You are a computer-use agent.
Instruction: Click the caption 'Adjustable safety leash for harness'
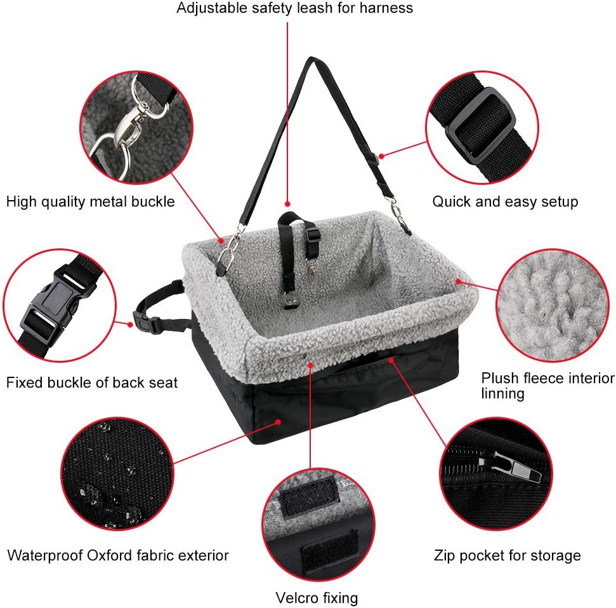(x=294, y=8)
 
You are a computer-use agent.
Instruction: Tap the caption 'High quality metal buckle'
(x=90, y=202)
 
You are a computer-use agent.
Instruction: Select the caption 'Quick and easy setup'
(x=505, y=202)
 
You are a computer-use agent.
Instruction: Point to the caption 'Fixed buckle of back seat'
(x=92, y=382)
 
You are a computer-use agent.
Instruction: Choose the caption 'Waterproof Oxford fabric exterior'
(x=118, y=555)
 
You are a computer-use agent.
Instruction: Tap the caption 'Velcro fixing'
(x=317, y=598)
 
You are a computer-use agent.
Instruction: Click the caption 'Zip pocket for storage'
(x=507, y=556)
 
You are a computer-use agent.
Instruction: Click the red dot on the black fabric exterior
(x=279, y=420)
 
